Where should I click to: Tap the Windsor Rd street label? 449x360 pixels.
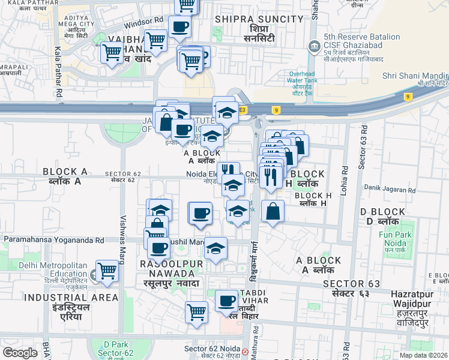tap(143, 23)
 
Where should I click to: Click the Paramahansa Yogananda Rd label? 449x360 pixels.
tap(54, 240)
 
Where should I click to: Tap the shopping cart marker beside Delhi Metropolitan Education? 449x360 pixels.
tap(107, 271)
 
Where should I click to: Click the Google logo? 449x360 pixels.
tap(20, 353)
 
